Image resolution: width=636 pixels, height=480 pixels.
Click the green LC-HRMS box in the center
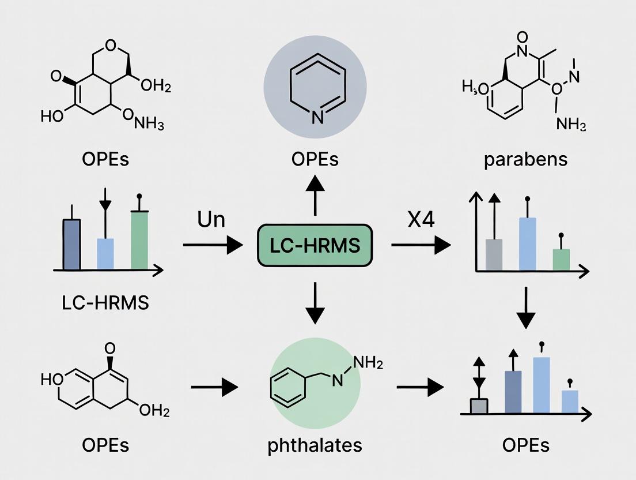tap(315, 245)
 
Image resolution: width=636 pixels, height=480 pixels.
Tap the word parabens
tap(526, 159)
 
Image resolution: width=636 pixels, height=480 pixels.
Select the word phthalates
tap(315, 445)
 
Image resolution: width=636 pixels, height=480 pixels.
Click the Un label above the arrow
tap(211, 220)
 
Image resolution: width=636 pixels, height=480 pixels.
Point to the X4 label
tap(421, 220)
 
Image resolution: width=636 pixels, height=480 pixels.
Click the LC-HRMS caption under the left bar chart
tap(105, 302)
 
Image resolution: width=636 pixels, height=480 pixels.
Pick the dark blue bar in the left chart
tap(71, 244)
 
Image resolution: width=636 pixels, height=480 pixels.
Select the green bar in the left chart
tap(139, 240)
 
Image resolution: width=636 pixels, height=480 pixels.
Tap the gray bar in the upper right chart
tap(494, 254)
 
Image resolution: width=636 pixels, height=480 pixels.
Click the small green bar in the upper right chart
tap(561, 259)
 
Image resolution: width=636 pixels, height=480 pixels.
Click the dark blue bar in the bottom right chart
tap(513, 392)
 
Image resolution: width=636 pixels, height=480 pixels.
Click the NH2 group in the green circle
tap(366, 363)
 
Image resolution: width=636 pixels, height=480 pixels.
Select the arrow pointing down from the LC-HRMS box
tap(315, 303)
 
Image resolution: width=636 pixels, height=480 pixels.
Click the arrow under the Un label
tap(212, 245)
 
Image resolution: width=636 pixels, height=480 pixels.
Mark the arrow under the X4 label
tap(421, 245)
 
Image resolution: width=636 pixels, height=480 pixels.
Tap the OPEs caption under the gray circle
tap(315, 159)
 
